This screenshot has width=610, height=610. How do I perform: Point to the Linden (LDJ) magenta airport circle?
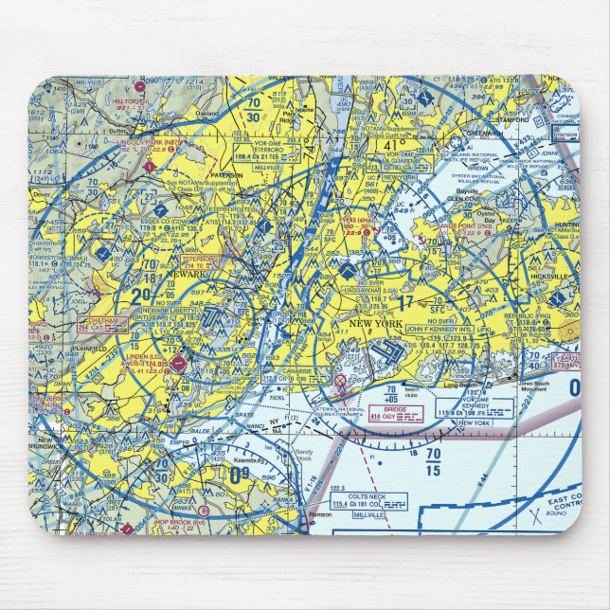[x=178, y=362]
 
